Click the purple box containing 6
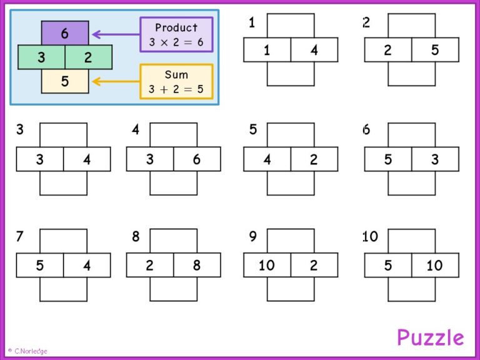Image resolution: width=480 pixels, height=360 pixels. [65, 33]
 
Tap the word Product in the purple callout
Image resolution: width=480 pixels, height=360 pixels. [176, 27]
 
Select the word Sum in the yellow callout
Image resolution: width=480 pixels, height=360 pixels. [176, 74]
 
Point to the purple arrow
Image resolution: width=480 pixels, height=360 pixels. [116, 34]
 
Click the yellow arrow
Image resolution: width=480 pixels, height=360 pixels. [116, 81]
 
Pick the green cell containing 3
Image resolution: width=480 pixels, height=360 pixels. [41, 57]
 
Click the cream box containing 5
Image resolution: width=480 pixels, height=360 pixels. [65, 81]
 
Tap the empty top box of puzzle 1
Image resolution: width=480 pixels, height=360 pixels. [291, 26]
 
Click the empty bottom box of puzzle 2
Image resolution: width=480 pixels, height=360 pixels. [411, 74]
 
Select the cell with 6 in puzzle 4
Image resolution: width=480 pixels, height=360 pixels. [197, 159]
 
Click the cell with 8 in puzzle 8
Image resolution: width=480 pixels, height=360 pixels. [197, 265]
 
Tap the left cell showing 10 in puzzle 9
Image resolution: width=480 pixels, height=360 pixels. [267, 265]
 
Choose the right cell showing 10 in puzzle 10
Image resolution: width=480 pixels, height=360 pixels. [435, 265]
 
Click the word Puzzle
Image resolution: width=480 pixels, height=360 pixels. [430, 337]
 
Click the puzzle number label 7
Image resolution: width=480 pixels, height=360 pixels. [19, 236]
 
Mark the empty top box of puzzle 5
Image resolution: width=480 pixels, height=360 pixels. [291, 135]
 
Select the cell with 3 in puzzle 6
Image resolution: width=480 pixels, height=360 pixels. [435, 159]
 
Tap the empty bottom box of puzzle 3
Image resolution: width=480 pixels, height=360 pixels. [63, 183]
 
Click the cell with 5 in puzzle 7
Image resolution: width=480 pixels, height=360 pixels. [40, 265]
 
